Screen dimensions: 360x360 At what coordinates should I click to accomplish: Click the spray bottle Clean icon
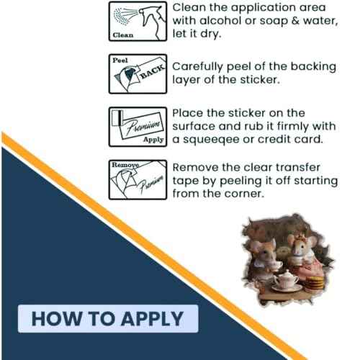pos(138,21)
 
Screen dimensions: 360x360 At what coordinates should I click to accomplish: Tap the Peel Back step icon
pos(138,74)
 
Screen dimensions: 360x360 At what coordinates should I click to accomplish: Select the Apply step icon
pos(138,127)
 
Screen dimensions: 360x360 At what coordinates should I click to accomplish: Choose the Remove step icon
pos(138,179)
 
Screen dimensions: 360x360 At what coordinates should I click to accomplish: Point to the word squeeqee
pos(211,140)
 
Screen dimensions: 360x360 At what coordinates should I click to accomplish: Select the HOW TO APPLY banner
pos(108,319)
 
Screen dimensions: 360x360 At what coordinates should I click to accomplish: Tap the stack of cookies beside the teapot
pos(315,283)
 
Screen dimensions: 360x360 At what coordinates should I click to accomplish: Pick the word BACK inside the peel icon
pos(153,71)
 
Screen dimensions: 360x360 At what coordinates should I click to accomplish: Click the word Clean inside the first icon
pos(123,35)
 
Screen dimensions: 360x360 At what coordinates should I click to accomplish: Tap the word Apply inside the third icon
pos(153,140)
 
